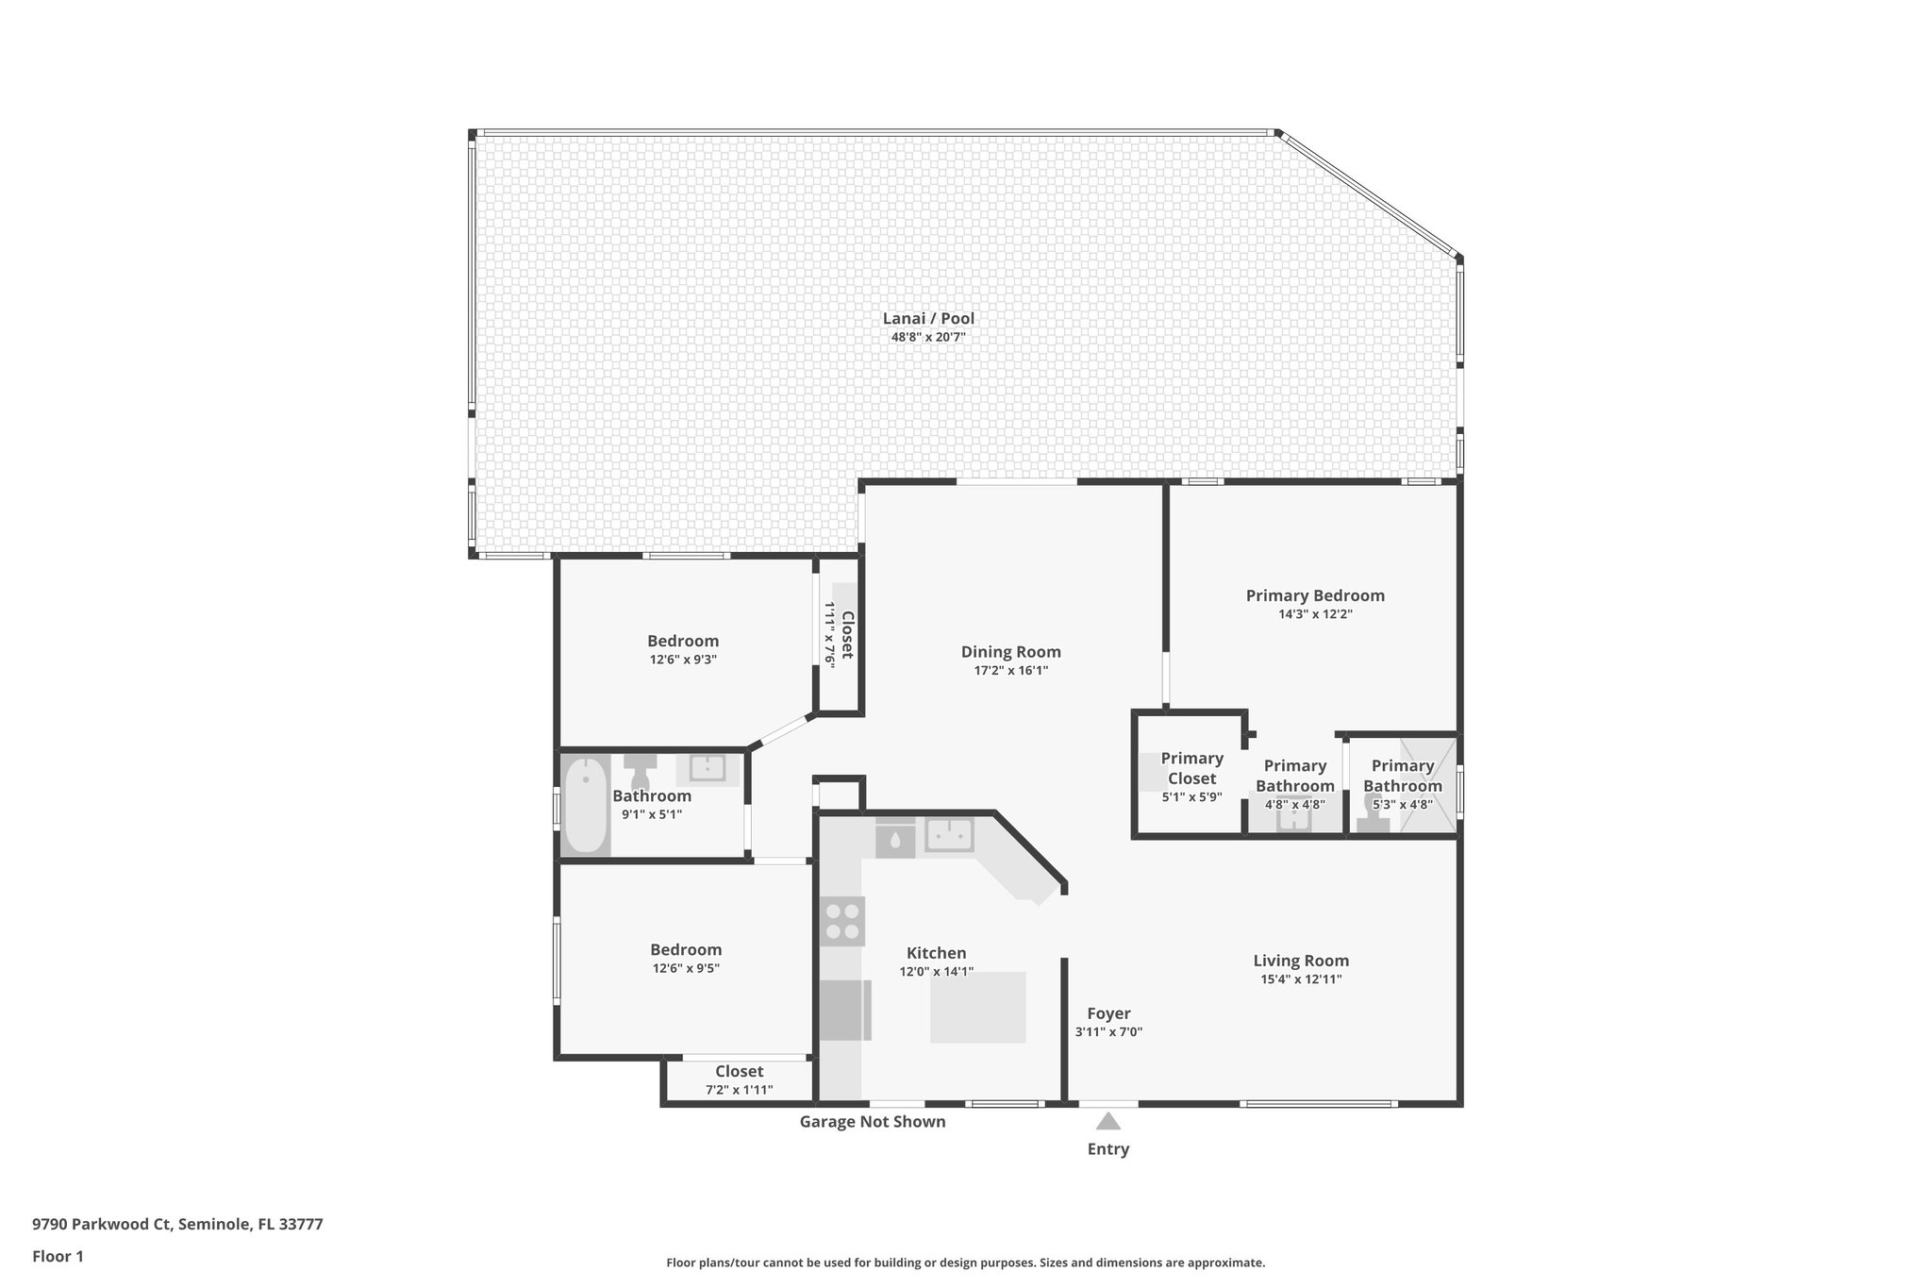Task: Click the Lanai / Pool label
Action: (x=928, y=319)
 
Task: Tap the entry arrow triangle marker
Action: (x=1108, y=1121)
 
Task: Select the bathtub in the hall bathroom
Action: (x=586, y=807)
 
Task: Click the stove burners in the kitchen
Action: (x=842, y=922)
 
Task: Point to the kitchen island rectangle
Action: (x=977, y=1008)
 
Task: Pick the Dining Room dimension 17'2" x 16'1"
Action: (x=1010, y=671)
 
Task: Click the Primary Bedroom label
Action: (x=1315, y=595)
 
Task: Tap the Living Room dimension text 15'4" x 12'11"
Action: (x=1301, y=979)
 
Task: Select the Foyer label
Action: (x=1108, y=1013)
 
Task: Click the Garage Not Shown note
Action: (x=872, y=1122)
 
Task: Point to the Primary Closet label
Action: (x=1191, y=768)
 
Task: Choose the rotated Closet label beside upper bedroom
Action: (x=847, y=635)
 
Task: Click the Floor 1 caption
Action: (x=58, y=1256)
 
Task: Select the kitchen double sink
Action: (x=948, y=835)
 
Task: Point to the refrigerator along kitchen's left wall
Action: (x=844, y=1010)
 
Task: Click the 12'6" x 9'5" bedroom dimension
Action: (x=685, y=968)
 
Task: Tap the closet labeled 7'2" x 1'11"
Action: (x=739, y=1079)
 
